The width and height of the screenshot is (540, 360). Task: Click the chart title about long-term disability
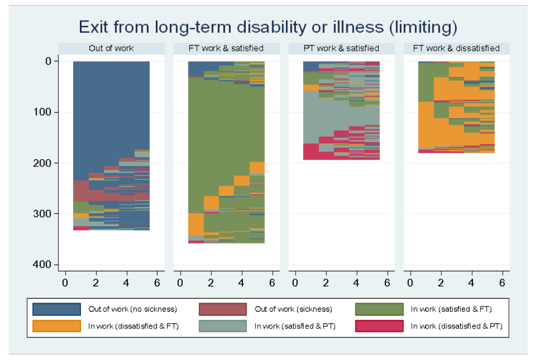[268, 26]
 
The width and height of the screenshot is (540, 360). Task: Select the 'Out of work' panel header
[111, 48]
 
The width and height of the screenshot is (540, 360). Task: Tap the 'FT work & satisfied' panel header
[226, 48]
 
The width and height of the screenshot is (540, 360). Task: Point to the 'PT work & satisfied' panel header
[341, 48]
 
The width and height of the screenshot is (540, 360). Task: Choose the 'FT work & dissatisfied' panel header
[456, 48]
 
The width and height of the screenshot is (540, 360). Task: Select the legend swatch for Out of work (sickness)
[223, 309]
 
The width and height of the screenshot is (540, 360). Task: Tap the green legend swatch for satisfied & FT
[379, 309]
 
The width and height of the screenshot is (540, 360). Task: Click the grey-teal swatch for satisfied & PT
[223, 326]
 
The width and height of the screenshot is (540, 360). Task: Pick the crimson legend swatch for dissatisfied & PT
[379, 326]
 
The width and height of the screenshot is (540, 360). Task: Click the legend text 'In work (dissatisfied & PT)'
[456, 326]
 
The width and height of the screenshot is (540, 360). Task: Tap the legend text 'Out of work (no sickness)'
[132, 309]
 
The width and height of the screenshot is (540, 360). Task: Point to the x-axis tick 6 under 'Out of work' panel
[157, 281]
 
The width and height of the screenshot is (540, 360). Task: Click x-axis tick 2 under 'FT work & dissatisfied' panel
[440, 281]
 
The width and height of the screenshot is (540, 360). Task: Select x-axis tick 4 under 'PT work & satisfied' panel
[356, 281]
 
